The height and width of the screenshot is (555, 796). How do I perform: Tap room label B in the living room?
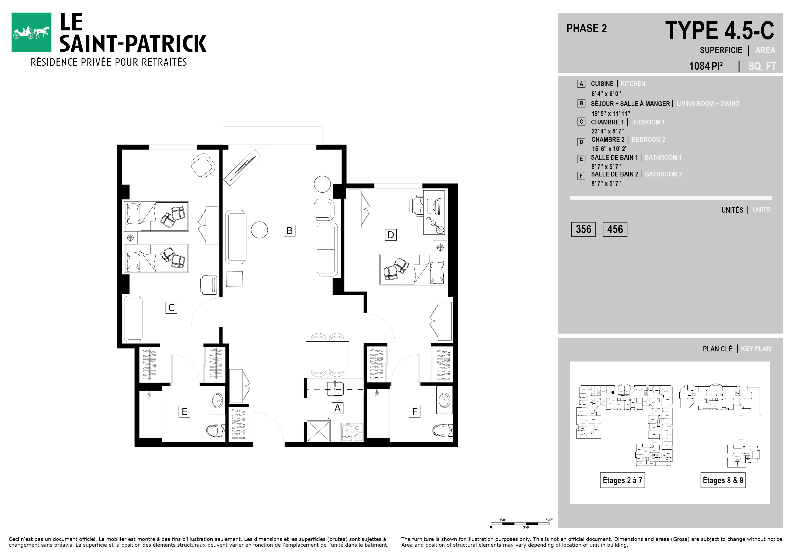point(290,230)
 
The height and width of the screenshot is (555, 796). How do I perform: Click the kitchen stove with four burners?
point(352,432)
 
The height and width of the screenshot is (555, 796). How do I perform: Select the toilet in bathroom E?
point(216,431)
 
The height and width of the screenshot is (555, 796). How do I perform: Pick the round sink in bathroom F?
point(444,401)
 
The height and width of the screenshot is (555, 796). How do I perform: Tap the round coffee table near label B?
point(259,230)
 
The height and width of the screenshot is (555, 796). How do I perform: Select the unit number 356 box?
point(583,229)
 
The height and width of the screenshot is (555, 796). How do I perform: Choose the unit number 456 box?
point(615,229)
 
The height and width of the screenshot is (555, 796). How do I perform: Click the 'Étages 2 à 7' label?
point(622,480)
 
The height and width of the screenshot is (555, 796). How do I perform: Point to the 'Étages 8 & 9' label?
point(723,480)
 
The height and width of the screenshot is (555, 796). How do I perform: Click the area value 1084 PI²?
point(706,66)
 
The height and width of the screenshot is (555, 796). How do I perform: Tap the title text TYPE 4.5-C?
point(720,30)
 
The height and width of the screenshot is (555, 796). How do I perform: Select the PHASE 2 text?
point(587,28)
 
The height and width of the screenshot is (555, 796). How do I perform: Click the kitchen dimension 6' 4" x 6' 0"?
point(606,94)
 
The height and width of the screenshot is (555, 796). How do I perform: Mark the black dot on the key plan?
point(613,392)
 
